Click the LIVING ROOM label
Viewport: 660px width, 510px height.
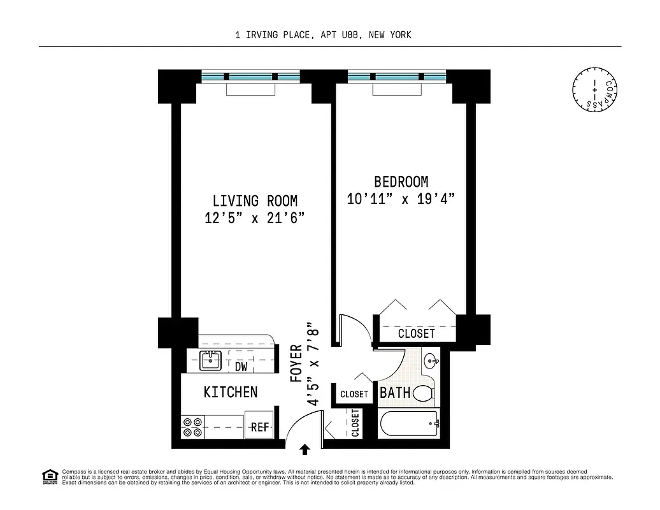click(x=255, y=201)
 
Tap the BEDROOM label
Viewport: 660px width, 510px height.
click(x=401, y=182)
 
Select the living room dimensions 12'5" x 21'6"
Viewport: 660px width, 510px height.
click(x=255, y=218)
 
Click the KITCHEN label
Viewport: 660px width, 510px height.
click(x=231, y=392)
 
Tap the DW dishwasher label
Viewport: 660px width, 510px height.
click(x=241, y=367)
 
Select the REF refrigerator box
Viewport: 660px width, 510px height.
click(x=260, y=427)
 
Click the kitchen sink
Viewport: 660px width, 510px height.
click(x=209, y=361)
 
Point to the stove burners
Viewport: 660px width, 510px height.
click(x=192, y=426)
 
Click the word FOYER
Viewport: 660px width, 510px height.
click(x=296, y=364)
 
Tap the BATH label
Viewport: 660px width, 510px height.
click(x=395, y=393)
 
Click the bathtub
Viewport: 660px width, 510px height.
click(x=408, y=425)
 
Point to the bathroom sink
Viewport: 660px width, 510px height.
click(x=431, y=361)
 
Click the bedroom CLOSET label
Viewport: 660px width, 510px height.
click(x=416, y=333)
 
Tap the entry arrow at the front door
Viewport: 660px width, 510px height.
click(x=305, y=450)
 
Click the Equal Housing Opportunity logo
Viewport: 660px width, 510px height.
click(x=49, y=476)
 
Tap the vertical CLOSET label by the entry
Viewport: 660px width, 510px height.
click(x=355, y=423)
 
